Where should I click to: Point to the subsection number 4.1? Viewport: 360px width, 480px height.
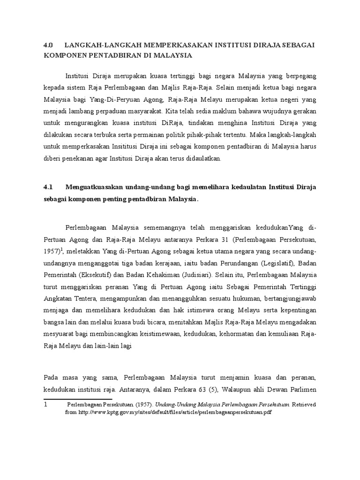[x=49, y=187]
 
